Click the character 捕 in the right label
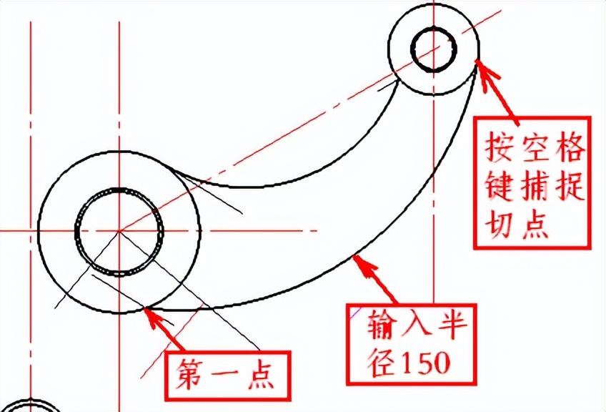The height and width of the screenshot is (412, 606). coord(533,185)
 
